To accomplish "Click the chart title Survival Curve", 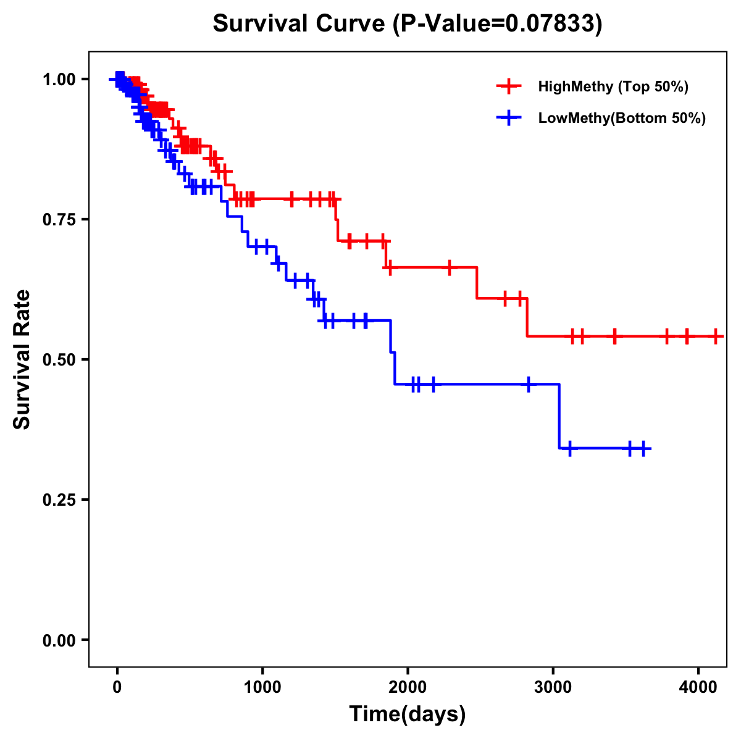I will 407,23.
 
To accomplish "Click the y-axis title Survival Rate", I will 22,359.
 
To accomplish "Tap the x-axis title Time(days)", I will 408,714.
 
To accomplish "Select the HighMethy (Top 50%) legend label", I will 613,86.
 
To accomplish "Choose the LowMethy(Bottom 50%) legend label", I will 622,118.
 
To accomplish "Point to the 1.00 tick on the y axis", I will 59,79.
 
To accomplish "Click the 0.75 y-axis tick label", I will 59,219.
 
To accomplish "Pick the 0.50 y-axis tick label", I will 59,359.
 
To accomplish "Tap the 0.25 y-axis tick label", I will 59,500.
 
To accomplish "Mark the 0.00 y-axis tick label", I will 59,640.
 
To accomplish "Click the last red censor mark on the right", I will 716,337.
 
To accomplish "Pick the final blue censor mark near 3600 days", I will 643,448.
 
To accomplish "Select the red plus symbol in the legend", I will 509,86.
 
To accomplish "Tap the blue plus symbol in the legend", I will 509,118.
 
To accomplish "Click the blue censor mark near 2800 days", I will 529,384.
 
